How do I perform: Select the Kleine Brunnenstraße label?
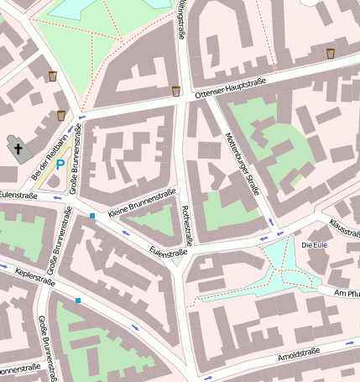click(142, 202)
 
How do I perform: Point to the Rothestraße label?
click(186, 225)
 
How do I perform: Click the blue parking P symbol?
click(60, 165)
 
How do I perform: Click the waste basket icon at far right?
click(331, 54)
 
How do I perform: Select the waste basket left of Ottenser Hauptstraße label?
click(175, 91)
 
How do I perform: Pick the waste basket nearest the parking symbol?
click(61, 115)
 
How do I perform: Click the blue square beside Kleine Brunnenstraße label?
click(92, 217)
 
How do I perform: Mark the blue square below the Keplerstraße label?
click(78, 300)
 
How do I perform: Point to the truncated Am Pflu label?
click(347, 293)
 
